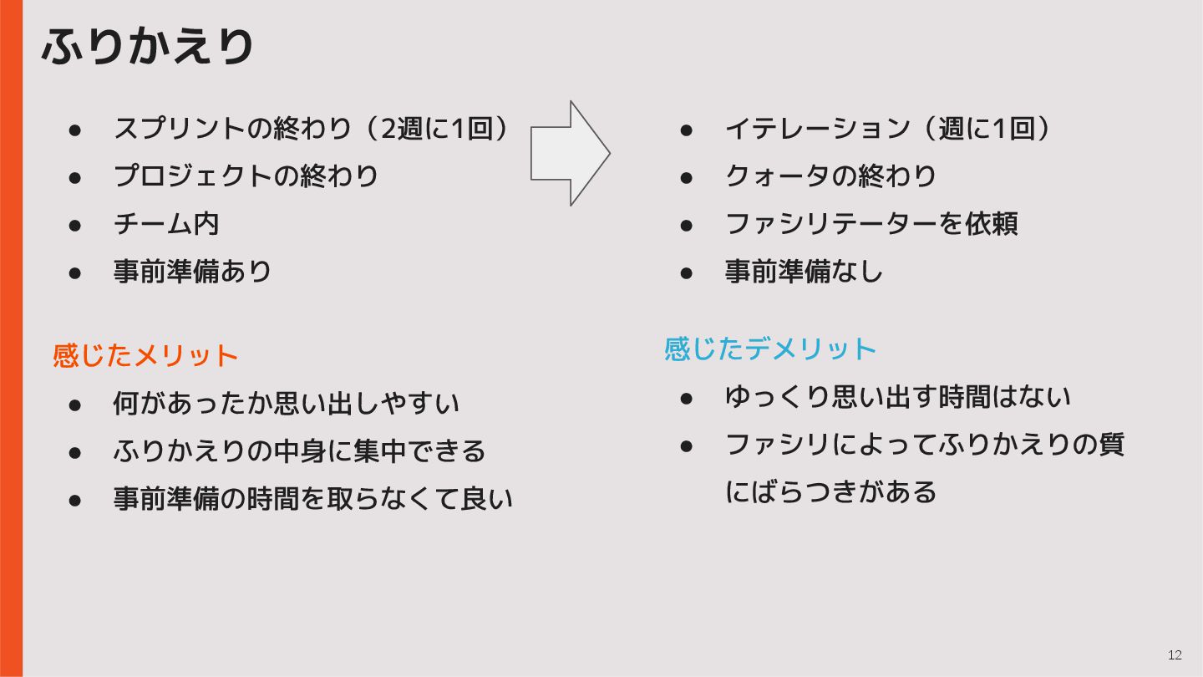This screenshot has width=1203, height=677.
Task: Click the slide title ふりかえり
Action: tap(148, 47)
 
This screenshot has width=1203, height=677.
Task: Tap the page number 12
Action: tap(1175, 655)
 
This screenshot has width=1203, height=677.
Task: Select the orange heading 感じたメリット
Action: tap(145, 355)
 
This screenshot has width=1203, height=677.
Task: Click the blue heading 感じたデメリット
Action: tap(769, 349)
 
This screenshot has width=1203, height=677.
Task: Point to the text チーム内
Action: tap(166, 224)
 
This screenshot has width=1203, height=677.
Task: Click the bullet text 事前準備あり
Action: tap(193, 272)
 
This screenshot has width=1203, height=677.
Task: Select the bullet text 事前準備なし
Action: tap(804, 272)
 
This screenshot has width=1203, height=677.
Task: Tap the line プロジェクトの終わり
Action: tap(246, 176)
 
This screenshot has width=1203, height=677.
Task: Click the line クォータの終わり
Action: tap(830, 176)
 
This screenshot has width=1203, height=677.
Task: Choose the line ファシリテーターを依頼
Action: tap(871, 224)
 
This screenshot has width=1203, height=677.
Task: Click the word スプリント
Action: tap(180, 129)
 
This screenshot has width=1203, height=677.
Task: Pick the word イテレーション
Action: tap(816, 129)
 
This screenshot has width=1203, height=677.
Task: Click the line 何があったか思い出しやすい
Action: tap(286, 404)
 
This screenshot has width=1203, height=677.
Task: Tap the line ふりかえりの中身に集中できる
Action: tap(299, 451)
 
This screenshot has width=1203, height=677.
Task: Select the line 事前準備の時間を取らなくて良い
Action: tap(312, 499)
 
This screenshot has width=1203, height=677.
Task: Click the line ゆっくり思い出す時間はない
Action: tap(897, 397)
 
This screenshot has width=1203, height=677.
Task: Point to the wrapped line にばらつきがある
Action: tap(830, 491)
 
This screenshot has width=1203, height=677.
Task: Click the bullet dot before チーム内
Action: tap(74, 225)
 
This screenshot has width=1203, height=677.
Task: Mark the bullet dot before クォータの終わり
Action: tap(687, 177)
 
